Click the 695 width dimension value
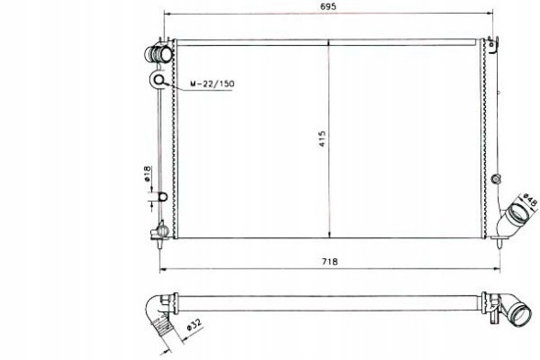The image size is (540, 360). pyautogui.click(x=327, y=6)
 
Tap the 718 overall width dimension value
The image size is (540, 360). pyautogui.click(x=329, y=262)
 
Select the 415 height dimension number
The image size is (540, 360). pyautogui.click(x=322, y=138)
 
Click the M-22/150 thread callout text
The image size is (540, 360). pyautogui.click(x=212, y=83)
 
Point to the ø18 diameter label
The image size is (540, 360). pyautogui.click(x=147, y=174)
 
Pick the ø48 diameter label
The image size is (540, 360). pyautogui.click(x=530, y=201)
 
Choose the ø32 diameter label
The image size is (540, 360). pyautogui.click(x=193, y=324)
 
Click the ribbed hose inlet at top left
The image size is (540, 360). pyautogui.click(x=159, y=54)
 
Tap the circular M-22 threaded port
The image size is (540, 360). pyautogui.click(x=159, y=80)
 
